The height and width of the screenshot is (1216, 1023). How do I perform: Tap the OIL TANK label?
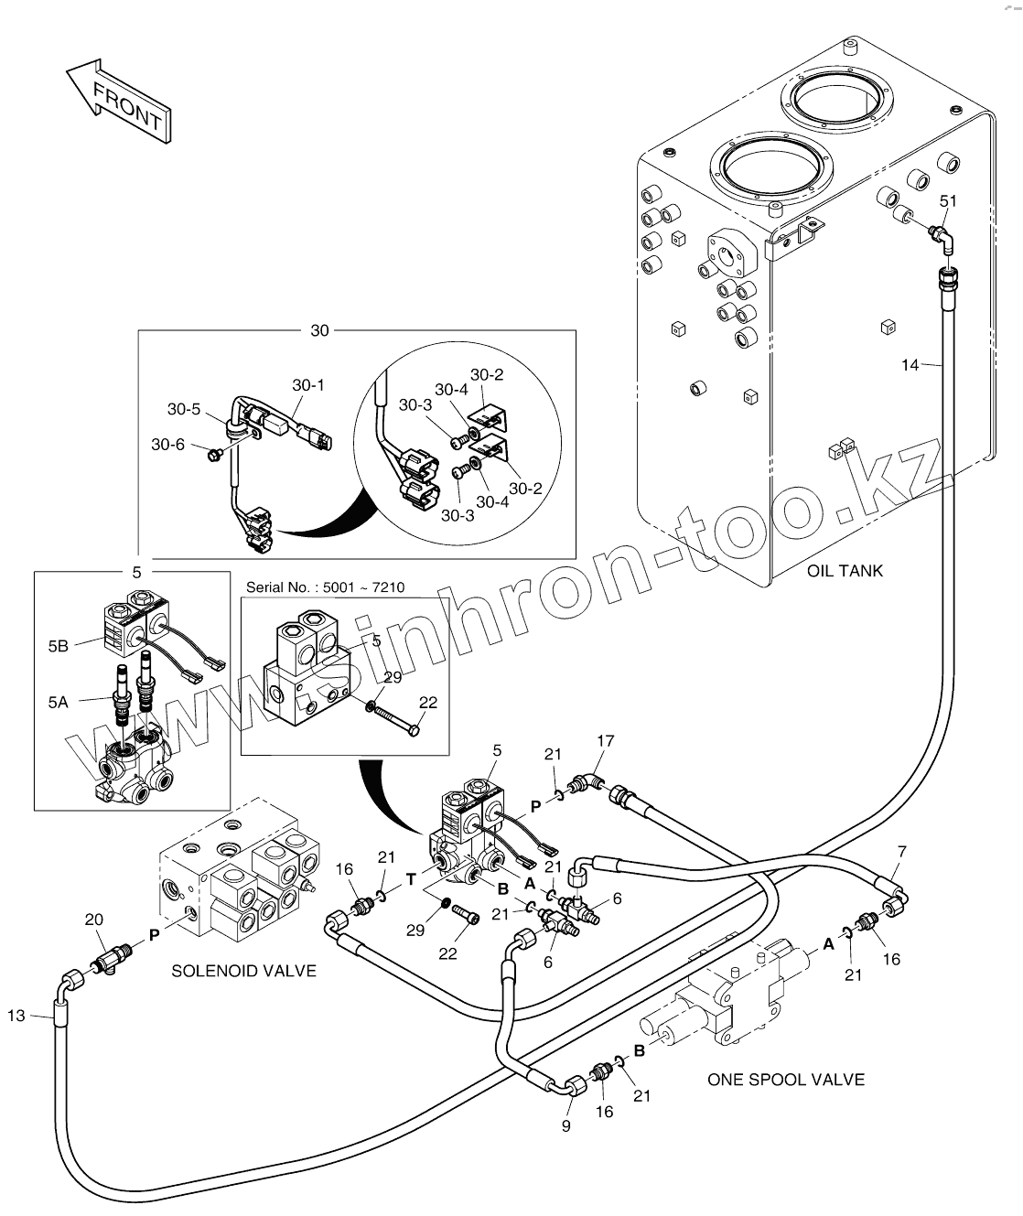pos(845,571)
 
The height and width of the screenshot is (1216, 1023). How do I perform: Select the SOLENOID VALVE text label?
pos(243,971)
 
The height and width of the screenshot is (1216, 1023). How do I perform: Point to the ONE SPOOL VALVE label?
pos(785,1080)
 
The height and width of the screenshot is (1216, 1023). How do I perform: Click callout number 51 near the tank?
pos(949,201)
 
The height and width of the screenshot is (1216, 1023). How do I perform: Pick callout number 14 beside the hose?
pos(910,365)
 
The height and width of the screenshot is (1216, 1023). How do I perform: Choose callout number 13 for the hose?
pos(16,1015)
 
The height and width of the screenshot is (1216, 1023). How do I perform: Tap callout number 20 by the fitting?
pos(93,920)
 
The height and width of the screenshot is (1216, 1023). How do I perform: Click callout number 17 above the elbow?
pos(605,741)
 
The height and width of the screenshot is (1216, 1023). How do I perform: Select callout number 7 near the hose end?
pos(901,852)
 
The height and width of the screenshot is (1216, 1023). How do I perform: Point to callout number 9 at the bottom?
pos(565,1125)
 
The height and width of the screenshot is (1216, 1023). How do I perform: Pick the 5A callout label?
pos(59,703)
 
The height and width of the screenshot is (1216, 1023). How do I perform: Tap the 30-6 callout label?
pos(167,445)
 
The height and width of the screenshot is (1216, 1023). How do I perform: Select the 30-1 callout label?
pos(308,385)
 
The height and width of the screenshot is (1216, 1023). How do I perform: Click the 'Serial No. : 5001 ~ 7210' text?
pos(324,587)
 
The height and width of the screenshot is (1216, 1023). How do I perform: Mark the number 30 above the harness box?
pos(318,330)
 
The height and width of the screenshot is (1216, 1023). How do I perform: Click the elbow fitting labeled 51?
pos(942,235)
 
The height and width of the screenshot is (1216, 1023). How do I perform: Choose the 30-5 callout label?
pos(183,409)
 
